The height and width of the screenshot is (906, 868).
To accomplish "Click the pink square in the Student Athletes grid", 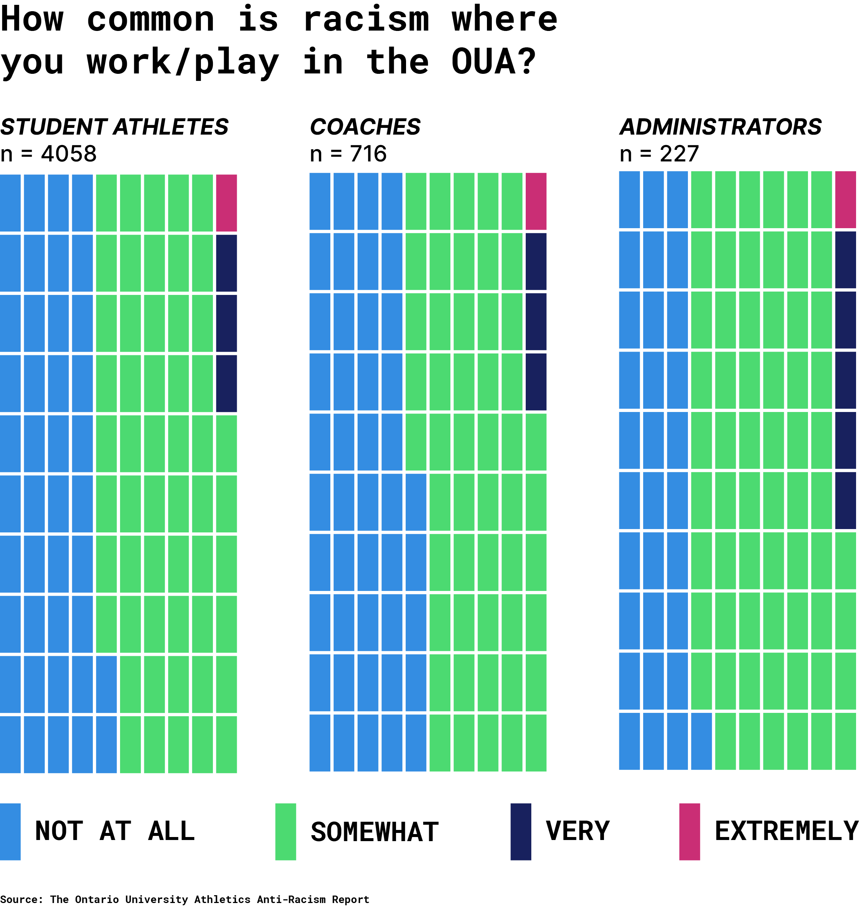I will pos(226,203).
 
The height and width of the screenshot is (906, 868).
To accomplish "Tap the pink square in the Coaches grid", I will pos(536,201).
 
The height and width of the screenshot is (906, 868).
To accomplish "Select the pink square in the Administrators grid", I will pos(845,200).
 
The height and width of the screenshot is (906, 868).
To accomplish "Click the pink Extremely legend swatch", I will pos(689,831).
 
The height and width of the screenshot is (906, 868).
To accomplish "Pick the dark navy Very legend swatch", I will pos(521,831).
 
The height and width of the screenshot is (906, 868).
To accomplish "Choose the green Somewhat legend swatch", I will pos(286,831).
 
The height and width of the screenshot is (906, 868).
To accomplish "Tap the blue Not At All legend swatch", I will pos(10,831).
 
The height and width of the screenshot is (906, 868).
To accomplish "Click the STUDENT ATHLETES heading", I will pos(114,127).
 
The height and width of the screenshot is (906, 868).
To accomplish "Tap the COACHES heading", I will pos(365,127).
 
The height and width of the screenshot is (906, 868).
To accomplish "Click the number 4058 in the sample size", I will pos(69,154).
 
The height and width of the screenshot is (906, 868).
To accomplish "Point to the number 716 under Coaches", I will pos(368,154).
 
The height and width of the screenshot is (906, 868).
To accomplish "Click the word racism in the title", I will pos(366,19).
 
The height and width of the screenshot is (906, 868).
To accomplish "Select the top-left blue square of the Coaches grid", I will pos(320,201).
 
